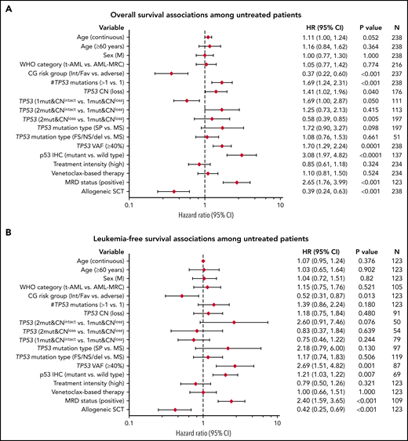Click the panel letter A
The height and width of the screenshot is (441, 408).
[x=6, y=6]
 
